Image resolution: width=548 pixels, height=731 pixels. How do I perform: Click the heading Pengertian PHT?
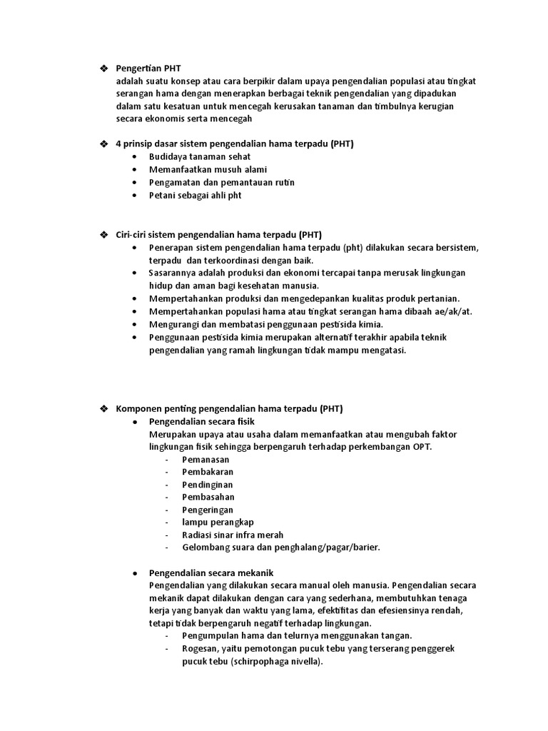pyautogui.click(x=148, y=68)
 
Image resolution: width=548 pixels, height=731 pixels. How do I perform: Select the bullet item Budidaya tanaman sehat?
pyautogui.click(x=199, y=156)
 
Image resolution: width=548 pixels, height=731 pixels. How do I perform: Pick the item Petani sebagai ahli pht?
pyautogui.click(x=195, y=195)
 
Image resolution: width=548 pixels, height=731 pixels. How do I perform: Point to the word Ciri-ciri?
pyautogui.click(x=131, y=234)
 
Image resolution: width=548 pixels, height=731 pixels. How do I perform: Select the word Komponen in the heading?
pyautogui.click(x=138, y=409)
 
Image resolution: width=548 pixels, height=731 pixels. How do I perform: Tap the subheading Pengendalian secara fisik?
pyautogui.click(x=198, y=422)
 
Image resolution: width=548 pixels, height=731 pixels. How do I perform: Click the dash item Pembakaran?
pyautogui.click(x=208, y=472)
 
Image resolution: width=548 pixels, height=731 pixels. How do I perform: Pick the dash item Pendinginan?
pyautogui.click(x=208, y=485)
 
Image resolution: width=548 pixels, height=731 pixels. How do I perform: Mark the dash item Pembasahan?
pyautogui.click(x=208, y=497)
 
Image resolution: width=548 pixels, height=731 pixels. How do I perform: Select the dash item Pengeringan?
pyautogui.click(x=208, y=510)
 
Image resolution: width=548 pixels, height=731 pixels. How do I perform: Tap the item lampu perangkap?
pyautogui.click(x=218, y=522)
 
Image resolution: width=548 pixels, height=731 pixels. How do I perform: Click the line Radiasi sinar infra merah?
pyautogui.click(x=233, y=535)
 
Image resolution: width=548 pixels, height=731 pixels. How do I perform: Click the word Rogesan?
pyautogui.click(x=200, y=648)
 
